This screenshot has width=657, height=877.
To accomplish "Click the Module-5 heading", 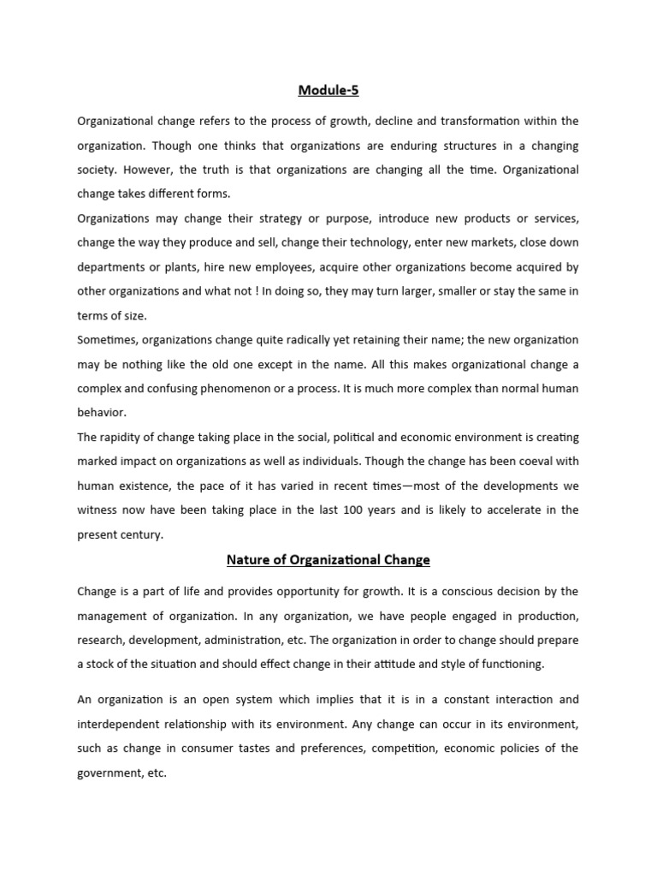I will pyautogui.click(x=328, y=90).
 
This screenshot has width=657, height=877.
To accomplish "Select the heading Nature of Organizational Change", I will pyautogui.click(x=328, y=560).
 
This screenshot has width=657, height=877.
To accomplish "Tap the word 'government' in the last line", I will pyautogui.click(x=111, y=773).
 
